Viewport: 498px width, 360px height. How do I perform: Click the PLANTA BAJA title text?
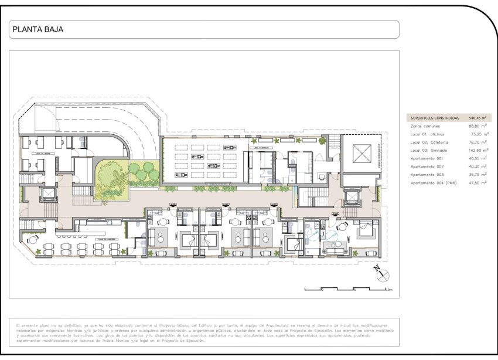(37, 29)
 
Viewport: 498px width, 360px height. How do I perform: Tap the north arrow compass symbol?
(381, 273)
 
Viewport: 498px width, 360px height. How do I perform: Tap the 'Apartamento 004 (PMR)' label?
(434, 183)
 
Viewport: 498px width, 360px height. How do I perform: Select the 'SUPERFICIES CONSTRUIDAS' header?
(435, 118)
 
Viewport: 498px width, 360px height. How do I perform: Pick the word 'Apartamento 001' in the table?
(427, 158)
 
